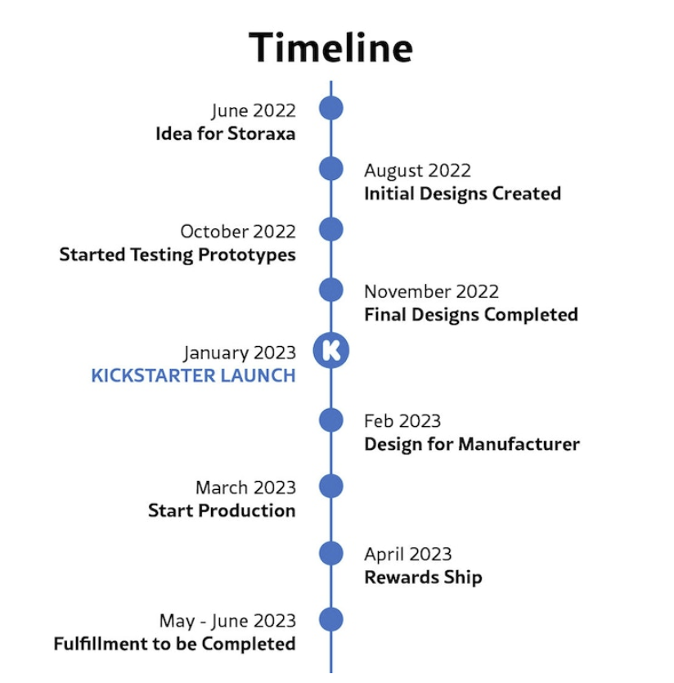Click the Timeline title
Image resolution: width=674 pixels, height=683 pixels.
[x=330, y=47]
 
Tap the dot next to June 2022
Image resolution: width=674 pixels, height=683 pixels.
[x=330, y=108]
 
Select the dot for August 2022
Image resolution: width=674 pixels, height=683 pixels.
[x=330, y=169]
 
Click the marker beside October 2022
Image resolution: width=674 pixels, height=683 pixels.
[x=330, y=229]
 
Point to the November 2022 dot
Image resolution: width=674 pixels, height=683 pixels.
[x=330, y=290]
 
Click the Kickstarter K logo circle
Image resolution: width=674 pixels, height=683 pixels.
[x=330, y=351]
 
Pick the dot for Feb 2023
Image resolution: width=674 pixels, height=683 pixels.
[x=330, y=420]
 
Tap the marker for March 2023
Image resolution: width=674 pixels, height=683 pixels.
[x=330, y=486]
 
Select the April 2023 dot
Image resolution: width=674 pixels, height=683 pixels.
[x=330, y=553]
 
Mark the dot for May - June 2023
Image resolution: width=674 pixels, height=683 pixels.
[x=330, y=619]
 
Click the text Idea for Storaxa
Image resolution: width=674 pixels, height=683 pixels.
[x=225, y=133]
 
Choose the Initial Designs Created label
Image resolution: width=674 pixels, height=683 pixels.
[x=462, y=194]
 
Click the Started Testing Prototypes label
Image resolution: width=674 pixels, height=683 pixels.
[x=177, y=254]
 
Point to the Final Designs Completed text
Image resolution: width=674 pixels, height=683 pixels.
[x=470, y=315]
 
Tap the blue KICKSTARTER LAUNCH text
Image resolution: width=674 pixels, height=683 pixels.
[x=193, y=376]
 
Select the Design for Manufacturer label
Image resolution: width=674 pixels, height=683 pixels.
[x=471, y=444]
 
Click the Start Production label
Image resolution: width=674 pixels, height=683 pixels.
[x=222, y=510]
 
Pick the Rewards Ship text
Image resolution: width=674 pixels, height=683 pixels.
[x=423, y=577]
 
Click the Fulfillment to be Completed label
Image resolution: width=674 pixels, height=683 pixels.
[x=174, y=644]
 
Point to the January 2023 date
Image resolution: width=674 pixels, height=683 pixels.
[x=239, y=353]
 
